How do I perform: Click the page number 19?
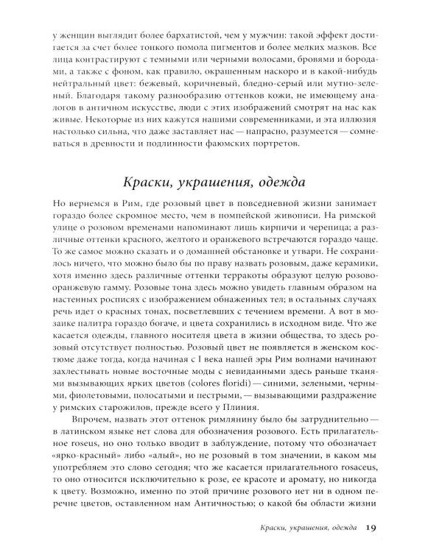click(x=371, y=527)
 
